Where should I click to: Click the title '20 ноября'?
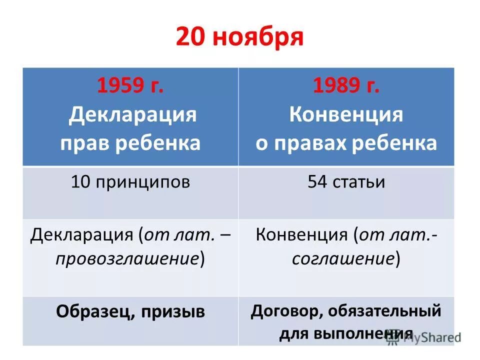pos(239,37)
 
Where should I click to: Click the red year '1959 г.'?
pos(130,85)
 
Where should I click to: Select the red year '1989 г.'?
pos(346,85)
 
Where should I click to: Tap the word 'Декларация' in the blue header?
pos(132,114)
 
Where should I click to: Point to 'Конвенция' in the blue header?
pos(346,114)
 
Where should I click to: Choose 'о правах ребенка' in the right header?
pos(346,143)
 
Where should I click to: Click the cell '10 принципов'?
pos(130,181)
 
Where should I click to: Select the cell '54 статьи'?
pos(346,181)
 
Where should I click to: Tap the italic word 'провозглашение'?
pos(127,259)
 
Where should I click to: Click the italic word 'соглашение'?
pos(343,259)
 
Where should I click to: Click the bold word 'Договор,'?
pos(286,311)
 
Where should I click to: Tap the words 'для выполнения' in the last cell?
pos(346,333)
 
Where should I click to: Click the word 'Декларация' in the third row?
pos(82,235)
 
